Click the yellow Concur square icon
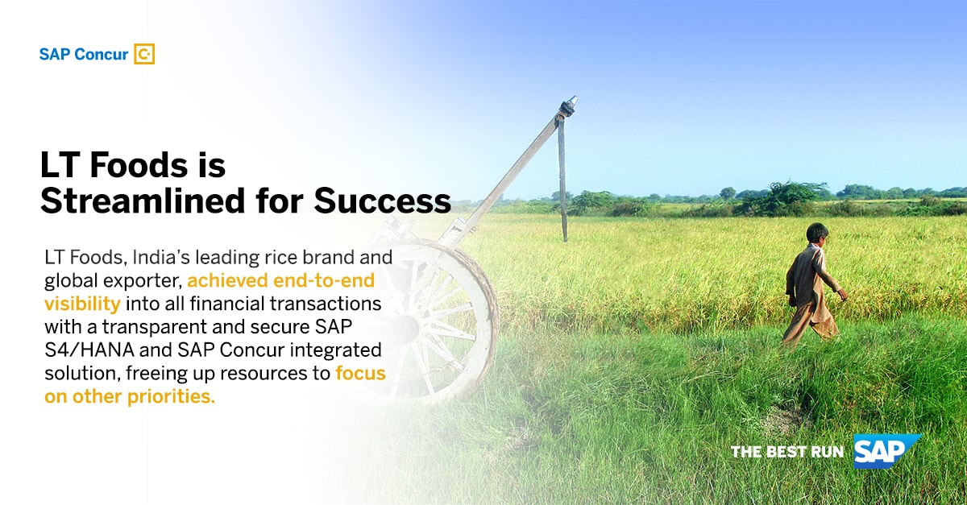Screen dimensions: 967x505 [144, 54]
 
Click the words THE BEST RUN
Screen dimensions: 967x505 [787, 452]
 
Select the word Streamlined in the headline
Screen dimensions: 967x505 [143, 201]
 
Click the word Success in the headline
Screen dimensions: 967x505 [383, 201]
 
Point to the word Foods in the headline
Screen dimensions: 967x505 [139, 165]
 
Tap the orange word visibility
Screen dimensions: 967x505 [82, 304]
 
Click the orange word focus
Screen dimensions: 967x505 [360, 373]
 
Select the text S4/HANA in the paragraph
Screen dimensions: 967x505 [89, 350]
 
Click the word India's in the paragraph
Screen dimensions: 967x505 [161, 257]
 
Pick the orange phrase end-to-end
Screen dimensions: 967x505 [324, 280]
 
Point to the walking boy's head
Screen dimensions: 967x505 [817, 234]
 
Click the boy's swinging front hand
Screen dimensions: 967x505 [843, 295]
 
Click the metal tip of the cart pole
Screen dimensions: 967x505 [572, 101]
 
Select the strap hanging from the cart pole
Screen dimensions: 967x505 [562, 181]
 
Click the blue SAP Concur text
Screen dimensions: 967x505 [84, 55]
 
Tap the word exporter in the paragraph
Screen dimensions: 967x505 [143, 281]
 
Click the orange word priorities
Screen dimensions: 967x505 [172, 396]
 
